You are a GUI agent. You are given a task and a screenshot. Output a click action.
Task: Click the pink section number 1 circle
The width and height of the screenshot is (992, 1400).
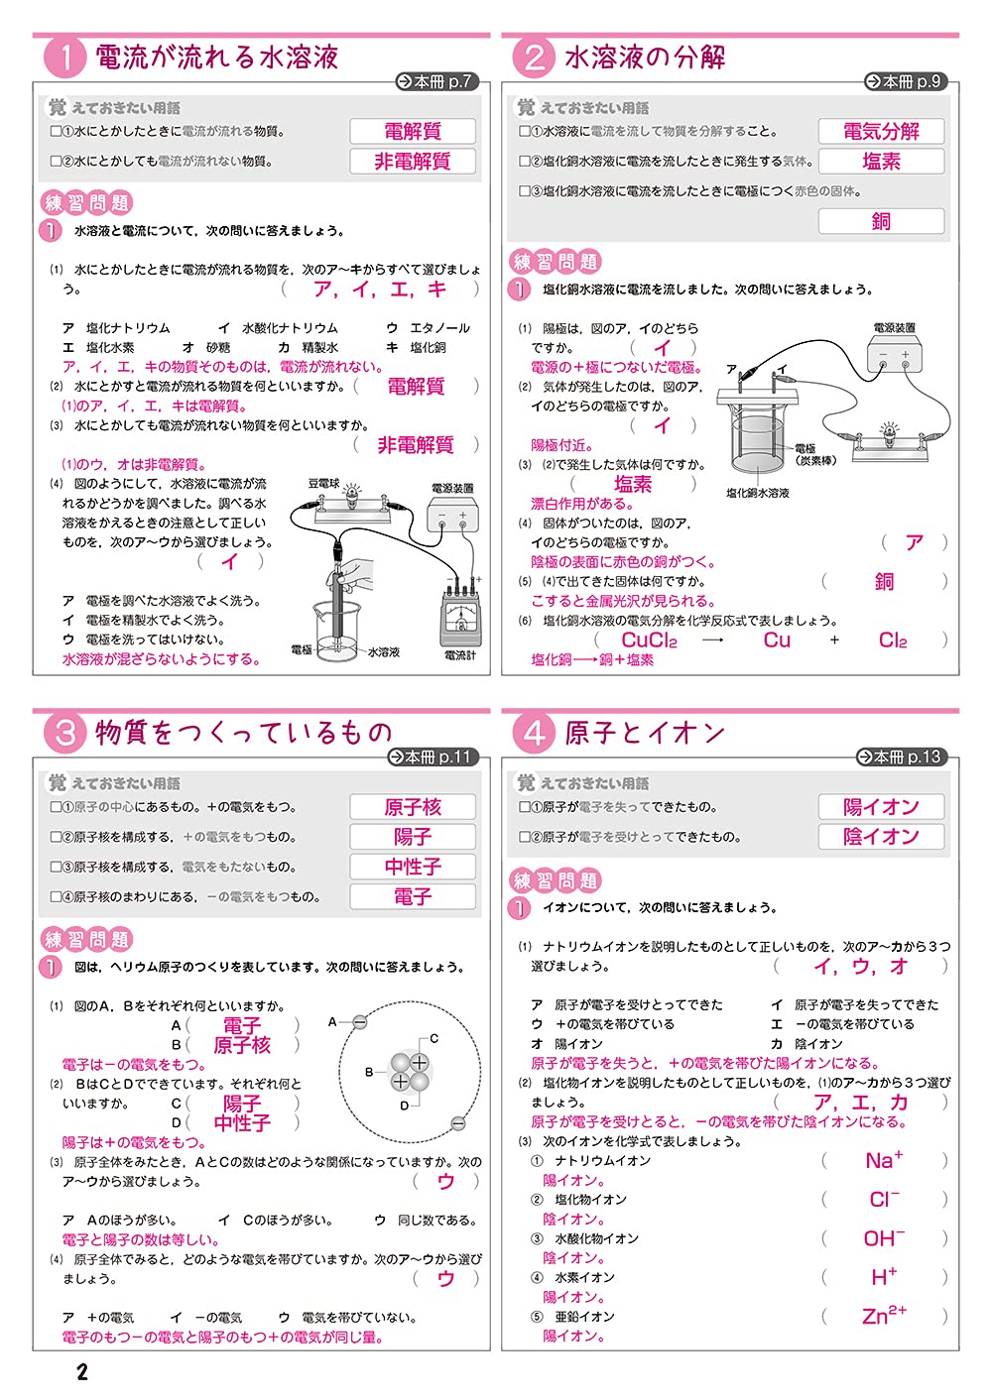coord(65,58)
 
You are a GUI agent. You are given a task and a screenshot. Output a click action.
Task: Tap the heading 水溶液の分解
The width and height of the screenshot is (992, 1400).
coord(645,58)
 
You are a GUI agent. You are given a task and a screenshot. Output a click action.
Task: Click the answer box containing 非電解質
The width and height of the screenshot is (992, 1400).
coord(412,162)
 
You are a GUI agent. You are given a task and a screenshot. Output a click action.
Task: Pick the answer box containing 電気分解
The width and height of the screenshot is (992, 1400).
coord(881,131)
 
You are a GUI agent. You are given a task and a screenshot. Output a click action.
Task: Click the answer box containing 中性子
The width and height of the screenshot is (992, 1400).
coord(412,867)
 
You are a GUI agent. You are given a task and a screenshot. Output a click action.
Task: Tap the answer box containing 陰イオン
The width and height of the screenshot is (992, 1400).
coord(881,837)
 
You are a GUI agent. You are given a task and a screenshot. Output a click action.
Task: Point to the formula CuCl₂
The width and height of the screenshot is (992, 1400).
coord(649,641)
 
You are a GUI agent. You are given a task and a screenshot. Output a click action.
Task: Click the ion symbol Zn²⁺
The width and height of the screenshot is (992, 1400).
coord(884,1316)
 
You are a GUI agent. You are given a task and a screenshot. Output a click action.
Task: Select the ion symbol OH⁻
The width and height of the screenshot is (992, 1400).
coord(884,1238)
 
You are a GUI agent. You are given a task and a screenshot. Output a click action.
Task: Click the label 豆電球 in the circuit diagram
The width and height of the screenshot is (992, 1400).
coord(323,484)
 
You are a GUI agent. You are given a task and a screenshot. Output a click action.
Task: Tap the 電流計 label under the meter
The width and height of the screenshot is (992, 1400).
coord(459,655)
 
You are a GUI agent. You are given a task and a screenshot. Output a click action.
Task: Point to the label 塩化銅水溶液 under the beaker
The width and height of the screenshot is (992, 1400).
coord(757,493)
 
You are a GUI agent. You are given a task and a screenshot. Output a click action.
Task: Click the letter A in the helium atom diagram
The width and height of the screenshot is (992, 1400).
coord(333,1020)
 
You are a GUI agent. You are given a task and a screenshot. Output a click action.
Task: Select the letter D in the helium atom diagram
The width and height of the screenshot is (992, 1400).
coord(404,1106)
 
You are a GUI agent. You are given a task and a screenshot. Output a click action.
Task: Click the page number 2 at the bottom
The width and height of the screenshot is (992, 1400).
coord(82,1372)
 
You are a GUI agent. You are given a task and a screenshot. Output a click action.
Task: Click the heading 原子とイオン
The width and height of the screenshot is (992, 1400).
coord(645,733)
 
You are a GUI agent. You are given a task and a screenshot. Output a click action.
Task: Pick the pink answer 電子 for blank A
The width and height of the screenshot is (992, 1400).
coord(241,1025)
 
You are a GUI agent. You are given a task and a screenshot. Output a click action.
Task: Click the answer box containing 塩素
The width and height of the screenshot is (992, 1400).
coord(881,162)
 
